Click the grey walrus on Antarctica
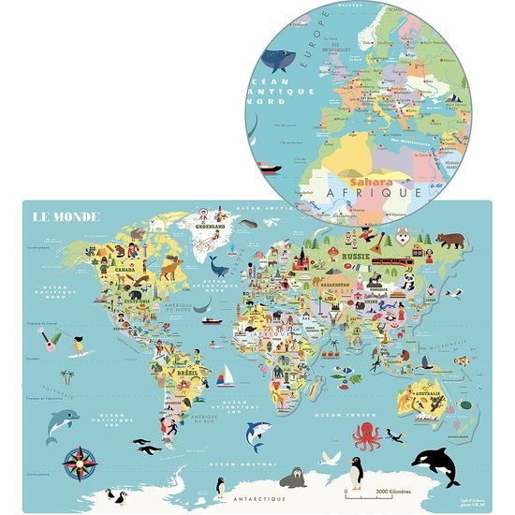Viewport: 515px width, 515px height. click(x=292, y=477)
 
